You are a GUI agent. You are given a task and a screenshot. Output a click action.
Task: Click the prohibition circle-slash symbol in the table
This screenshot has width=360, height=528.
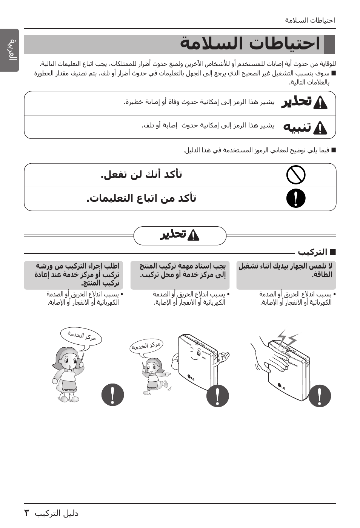[296, 175]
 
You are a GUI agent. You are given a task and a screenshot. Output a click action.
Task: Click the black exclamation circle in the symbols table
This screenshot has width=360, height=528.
[296, 198]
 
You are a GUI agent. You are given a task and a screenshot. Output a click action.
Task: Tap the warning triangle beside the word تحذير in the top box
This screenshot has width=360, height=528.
[320, 103]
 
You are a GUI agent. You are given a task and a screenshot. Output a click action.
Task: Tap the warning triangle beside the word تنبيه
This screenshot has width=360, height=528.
[320, 128]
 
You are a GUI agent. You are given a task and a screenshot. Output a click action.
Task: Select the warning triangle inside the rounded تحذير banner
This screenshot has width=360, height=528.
[193, 235]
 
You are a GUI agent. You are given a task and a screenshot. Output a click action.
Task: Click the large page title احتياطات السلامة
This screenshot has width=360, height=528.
[250, 44]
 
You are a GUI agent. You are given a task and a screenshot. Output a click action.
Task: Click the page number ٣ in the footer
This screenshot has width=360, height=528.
[27, 513]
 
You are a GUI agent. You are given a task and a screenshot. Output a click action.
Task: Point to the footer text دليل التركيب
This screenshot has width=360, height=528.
[57, 513]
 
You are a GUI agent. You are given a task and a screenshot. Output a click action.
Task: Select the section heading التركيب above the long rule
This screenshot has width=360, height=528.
[312, 252]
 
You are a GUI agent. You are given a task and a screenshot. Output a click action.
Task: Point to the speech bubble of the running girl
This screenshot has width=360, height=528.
[146, 345]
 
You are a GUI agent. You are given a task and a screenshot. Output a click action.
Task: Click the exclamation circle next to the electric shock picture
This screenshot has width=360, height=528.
[319, 396]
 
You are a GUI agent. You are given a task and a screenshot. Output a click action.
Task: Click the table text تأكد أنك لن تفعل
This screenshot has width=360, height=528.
[142, 175]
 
